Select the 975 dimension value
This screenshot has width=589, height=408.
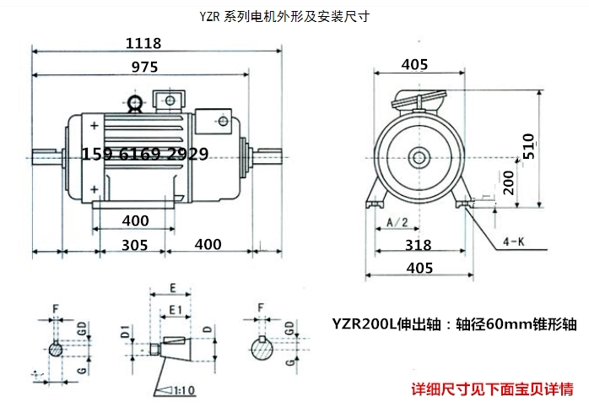143,71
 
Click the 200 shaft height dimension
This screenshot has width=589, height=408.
507,182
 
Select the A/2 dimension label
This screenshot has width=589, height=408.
397,221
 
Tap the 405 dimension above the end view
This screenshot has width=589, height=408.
414,64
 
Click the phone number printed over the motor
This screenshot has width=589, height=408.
145,155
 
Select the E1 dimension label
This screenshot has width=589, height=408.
174,309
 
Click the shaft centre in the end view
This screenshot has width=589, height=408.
416,157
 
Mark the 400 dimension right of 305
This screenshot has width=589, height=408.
207,245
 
